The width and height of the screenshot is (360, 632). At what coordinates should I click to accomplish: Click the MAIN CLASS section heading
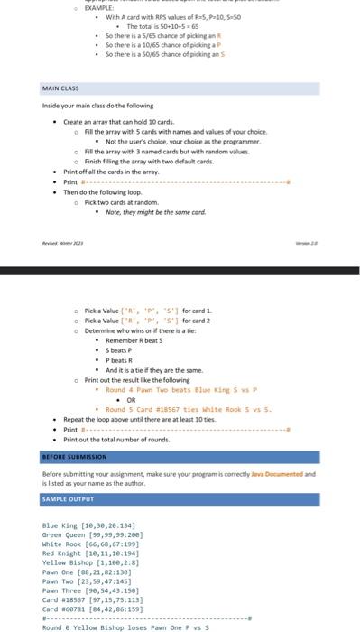(x=61, y=89)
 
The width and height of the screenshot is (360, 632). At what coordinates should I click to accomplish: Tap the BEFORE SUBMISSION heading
(x=75, y=457)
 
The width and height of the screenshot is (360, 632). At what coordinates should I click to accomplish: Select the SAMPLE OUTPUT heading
(x=67, y=498)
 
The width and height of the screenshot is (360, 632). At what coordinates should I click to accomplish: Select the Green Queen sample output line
(x=93, y=534)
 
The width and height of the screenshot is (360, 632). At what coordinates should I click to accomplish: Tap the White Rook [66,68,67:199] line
(x=92, y=544)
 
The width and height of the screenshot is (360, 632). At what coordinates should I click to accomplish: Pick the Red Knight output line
(x=90, y=553)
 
